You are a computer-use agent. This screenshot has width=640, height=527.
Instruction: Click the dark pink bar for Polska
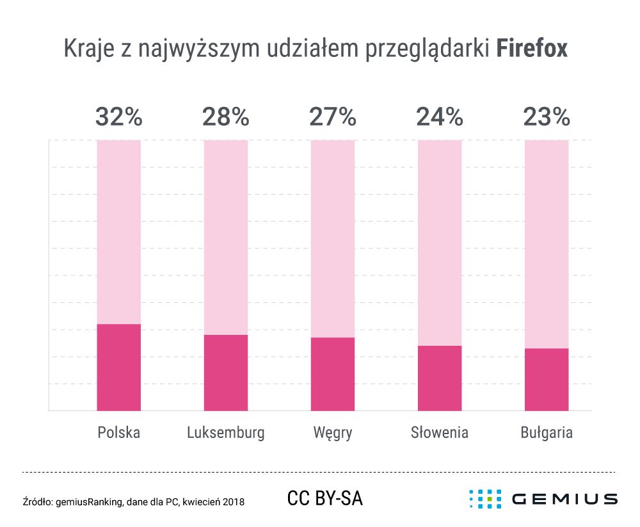click(118, 367)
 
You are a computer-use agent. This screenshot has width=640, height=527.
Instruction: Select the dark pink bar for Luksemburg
click(226, 372)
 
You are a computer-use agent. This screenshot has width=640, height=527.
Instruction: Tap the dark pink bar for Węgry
click(333, 374)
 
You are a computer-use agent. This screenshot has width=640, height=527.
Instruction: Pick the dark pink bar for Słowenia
click(440, 378)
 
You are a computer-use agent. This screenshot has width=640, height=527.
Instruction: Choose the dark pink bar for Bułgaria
click(547, 379)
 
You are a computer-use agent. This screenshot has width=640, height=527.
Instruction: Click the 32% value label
click(118, 117)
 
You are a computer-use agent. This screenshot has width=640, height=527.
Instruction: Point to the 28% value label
click(226, 117)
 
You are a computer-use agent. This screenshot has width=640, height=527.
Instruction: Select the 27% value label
click(333, 117)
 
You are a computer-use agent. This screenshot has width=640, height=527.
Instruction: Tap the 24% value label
click(440, 117)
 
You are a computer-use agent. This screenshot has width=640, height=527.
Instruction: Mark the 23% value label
click(547, 117)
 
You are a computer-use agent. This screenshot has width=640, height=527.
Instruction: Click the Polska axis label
click(118, 433)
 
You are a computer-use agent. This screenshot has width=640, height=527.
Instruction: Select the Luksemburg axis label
click(226, 433)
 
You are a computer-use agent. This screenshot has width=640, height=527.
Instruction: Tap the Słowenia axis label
click(440, 433)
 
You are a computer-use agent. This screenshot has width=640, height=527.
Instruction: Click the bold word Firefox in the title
click(532, 49)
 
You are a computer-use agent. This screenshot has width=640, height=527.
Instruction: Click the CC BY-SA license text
click(325, 498)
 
